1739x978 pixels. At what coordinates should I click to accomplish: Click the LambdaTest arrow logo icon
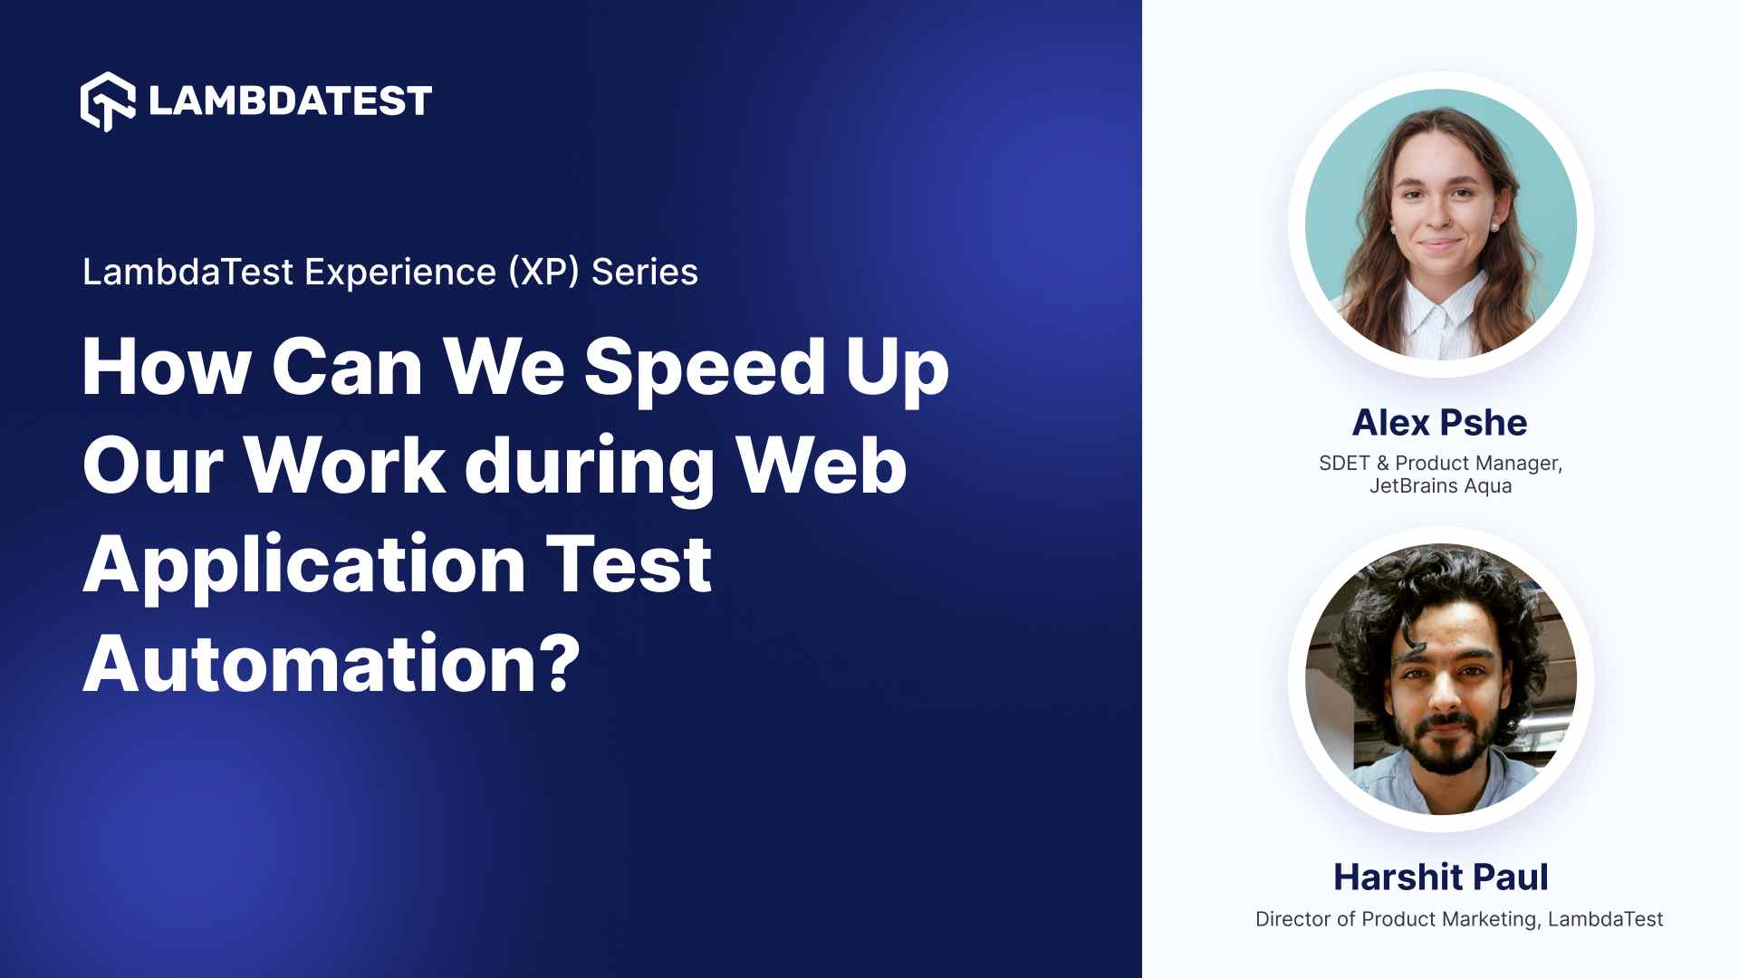coord(108,101)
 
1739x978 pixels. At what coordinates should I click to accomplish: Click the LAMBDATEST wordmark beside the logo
coord(290,101)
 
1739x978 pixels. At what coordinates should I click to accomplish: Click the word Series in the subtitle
coord(644,272)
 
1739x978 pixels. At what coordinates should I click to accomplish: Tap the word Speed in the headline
coord(704,368)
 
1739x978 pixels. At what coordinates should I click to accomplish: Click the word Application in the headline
coord(304,565)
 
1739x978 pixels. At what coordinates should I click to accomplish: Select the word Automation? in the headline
coord(331,664)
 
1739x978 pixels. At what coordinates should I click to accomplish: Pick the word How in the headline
coord(166,368)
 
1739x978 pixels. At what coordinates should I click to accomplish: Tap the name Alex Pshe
coord(1439,423)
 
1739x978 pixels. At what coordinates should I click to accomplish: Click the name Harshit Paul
coord(1440,877)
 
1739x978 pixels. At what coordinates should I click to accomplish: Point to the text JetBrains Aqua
coord(1440,486)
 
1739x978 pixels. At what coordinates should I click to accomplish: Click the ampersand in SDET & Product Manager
coord(1382,464)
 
